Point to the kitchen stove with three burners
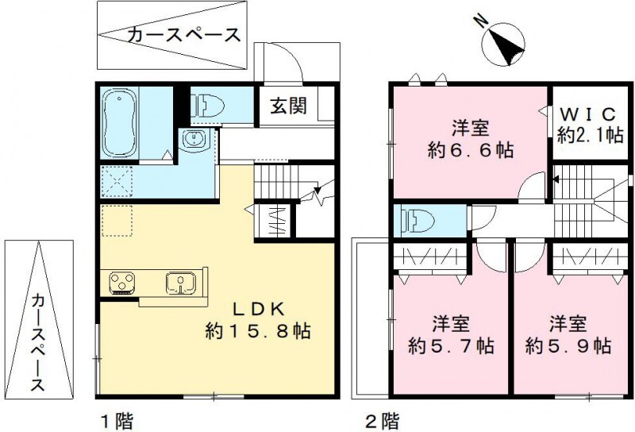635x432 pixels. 122,282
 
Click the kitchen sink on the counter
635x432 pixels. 179,282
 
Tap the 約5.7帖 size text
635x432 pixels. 452,345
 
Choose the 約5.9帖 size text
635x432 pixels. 568,345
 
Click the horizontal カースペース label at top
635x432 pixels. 183,36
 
